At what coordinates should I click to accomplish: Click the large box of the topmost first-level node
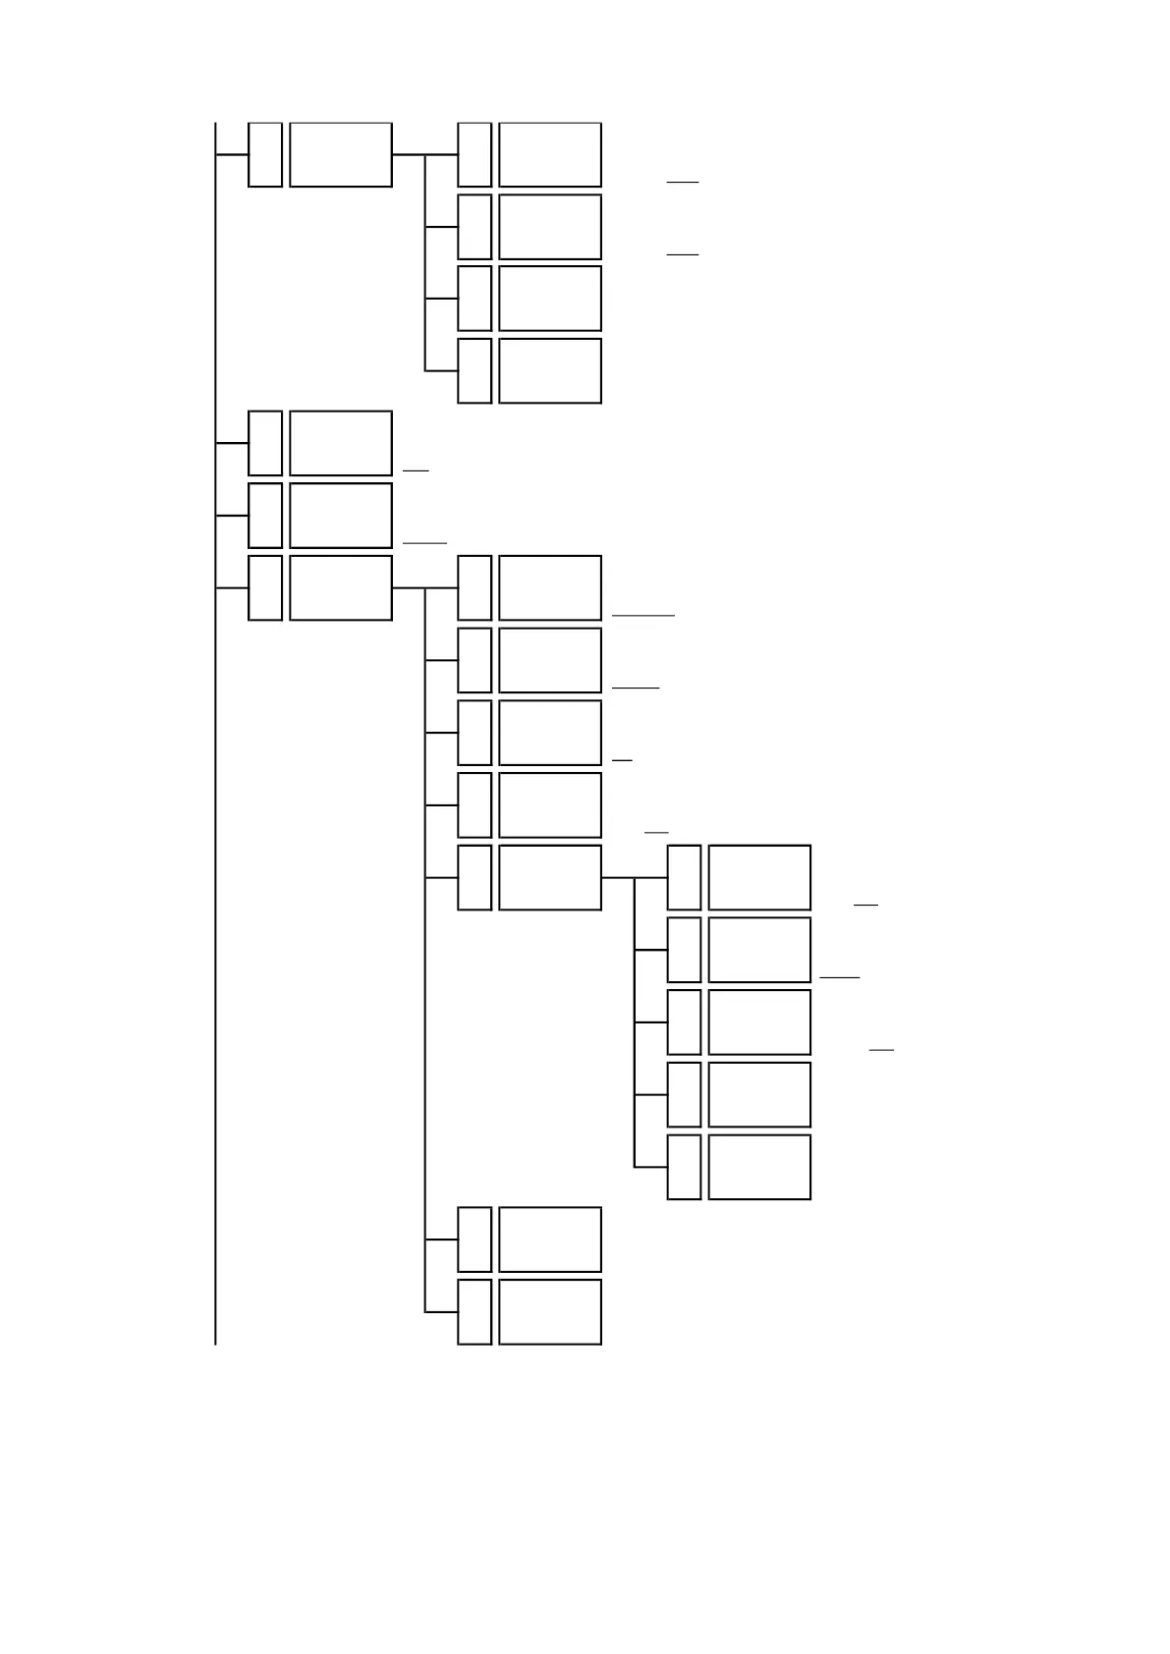pos(341,154)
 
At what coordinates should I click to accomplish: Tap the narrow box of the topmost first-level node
pos(265,154)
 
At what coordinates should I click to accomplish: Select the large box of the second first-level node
pos(341,443)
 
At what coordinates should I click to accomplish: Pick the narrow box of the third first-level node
pos(265,515)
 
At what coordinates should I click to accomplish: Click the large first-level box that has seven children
pos(341,587)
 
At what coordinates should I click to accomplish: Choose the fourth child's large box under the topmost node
pos(549,370)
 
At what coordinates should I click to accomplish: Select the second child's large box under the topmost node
pos(549,227)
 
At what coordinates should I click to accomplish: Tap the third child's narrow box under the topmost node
pos(474,299)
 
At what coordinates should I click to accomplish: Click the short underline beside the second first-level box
pos(416,470)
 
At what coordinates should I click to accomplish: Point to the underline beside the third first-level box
pos(424,542)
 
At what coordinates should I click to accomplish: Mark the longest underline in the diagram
pos(643,615)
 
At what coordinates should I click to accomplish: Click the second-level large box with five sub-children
pos(549,877)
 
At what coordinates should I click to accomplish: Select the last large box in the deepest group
pos(759,1167)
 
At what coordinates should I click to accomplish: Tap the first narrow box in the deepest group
pos(684,877)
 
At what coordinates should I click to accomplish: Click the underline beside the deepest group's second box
pos(840,977)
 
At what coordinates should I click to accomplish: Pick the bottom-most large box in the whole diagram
pos(549,1311)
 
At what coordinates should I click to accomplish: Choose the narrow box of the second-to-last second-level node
pos(474,1240)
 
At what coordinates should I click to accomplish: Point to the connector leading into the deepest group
pos(618,877)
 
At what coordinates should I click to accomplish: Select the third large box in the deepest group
pos(759,1022)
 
